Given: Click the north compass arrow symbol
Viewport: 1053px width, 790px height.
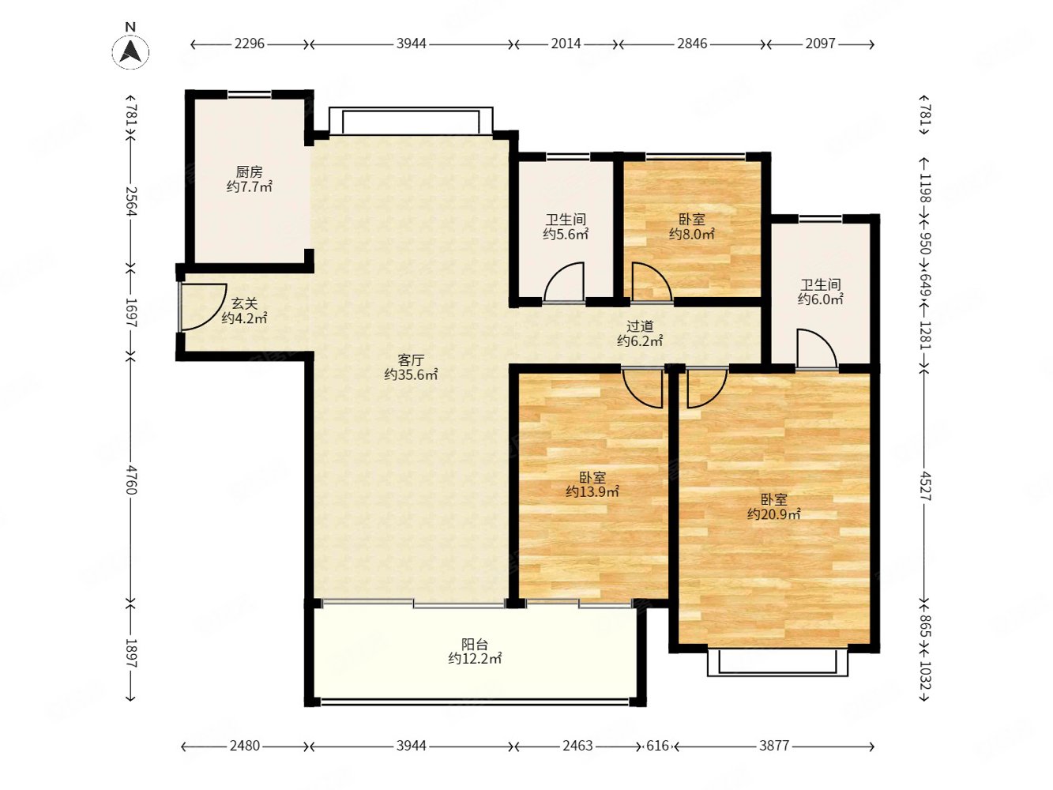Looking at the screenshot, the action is pyautogui.click(x=130, y=51).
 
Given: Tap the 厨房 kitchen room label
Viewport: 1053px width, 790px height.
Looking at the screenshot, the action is pyautogui.click(x=249, y=171).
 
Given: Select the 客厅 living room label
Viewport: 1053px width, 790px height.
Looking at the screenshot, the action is pyautogui.click(x=411, y=359).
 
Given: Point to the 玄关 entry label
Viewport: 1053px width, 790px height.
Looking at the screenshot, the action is pyautogui.click(x=245, y=303).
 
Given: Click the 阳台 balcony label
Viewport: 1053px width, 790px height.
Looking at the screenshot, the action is pyautogui.click(x=475, y=644).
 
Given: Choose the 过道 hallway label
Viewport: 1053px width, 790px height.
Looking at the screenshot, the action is pyautogui.click(x=640, y=326).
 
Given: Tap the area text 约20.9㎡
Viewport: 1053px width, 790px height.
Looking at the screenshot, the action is pyautogui.click(x=774, y=514).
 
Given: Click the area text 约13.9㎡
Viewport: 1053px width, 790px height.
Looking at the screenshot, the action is pyautogui.click(x=592, y=491).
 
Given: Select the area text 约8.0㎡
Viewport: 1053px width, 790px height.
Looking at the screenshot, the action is pyautogui.click(x=692, y=234).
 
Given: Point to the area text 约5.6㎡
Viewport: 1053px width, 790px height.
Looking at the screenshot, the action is pyautogui.click(x=566, y=234).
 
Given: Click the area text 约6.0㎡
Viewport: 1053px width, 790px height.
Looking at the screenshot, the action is pyautogui.click(x=820, y=299).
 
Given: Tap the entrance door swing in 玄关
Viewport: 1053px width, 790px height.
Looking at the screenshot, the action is pyautogui.click(x=202, y=307).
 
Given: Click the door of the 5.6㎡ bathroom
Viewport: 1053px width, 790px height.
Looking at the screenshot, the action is pyautogui.click(x=564, y=283).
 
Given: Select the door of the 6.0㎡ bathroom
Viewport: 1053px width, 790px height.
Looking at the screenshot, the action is pyautogui.click(x=817, y=348).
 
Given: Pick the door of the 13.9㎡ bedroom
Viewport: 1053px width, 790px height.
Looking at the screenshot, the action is pyautogui.click(x=643, y=388).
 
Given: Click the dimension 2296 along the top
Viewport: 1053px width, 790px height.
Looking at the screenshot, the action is pyautogui.click(x=250, y=44).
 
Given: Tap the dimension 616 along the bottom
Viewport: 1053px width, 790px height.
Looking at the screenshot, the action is pyautogui.click(x=657, y=746).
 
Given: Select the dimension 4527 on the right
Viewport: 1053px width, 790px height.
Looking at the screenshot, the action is pyautogui.click(x=925, y=486).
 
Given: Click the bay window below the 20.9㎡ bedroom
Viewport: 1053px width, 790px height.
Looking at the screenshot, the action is pyautogui.click(x=777, y=663).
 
